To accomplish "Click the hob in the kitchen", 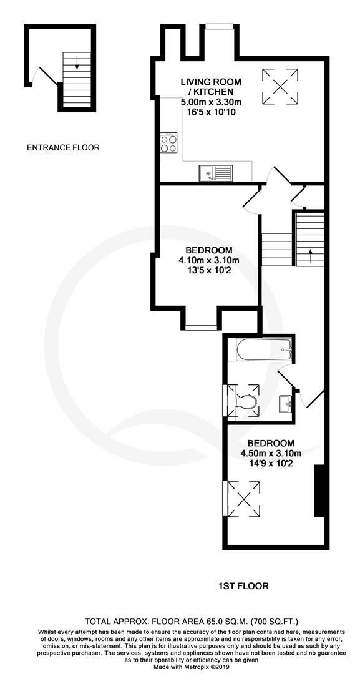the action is [x=169, y=142].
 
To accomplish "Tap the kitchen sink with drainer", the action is [x=216, y=173].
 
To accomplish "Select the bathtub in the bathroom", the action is [x=264, y=349].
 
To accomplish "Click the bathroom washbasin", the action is [x=286, y=404].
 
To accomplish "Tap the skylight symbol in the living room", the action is [x=280, y=86].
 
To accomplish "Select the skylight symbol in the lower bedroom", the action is [x=243, y=499].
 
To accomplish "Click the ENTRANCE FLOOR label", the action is [x=63, y=148].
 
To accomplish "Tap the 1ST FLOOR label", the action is [x=243, y=586].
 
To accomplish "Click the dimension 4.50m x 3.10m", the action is [x=271, y=454].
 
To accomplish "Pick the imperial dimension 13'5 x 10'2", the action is [x=209, y=271].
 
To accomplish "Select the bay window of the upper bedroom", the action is [x=201, y=328].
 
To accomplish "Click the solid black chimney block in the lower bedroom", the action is [x=319, y=491].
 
